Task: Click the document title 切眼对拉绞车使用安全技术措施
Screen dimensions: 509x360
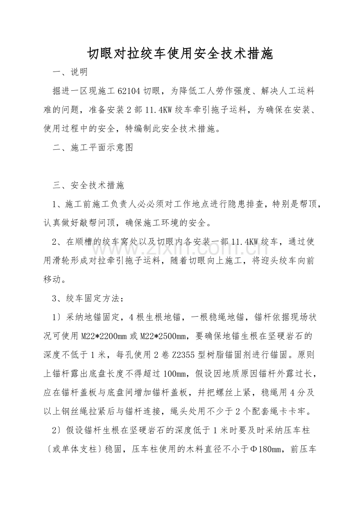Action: [180, 54]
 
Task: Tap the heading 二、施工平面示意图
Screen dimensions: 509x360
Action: [93, 147]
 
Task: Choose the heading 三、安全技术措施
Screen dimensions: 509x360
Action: [88, 185]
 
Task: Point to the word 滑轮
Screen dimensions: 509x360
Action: [74, 261]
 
